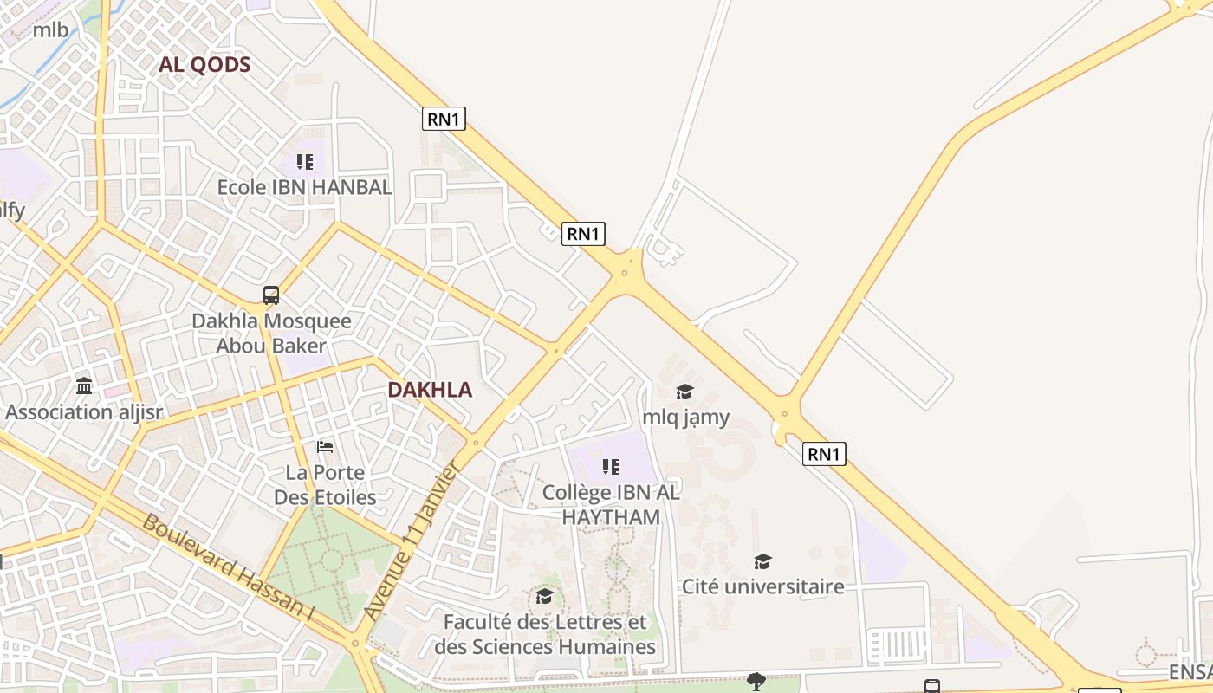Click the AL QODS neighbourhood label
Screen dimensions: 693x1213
click(x=204, y=65)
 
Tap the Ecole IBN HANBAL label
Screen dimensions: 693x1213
click(x=304, y=187)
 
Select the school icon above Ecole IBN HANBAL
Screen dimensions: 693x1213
click(x=304, y=162)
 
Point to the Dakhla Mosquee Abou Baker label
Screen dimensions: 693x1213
click(x=271, y=334)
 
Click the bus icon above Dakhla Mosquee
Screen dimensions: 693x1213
click(x=271, y=295)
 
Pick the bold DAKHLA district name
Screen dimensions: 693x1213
click(x=430, y=390)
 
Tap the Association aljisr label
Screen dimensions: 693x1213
click(x=84, y=412)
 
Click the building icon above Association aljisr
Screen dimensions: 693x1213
click(x=84, y=385)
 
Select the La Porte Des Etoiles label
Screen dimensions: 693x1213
click(x=325, y=485)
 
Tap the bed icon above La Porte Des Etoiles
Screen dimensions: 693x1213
click(x=325, y=447)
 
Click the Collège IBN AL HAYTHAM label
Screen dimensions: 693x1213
click(x=611, y=505)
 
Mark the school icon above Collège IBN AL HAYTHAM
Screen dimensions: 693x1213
click(x=611, y=467)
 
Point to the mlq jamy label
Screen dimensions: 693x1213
click(x=685, y=418)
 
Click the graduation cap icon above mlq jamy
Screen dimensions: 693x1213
click(x=685, y=392)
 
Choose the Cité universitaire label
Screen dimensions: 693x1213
click(x=762, y=587)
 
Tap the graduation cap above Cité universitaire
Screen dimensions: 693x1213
click(x=762, y=561)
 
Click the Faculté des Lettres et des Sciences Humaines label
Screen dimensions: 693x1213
click(x=545, y=635)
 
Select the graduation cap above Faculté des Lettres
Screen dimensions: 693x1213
click(x=545, y=596)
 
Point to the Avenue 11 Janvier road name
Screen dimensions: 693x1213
click(x=412, y=541)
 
